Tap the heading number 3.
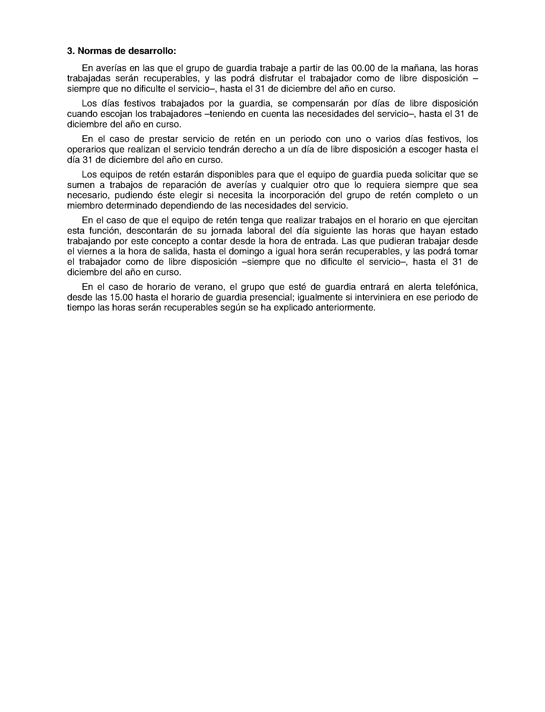[x=69, y=51]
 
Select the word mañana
[x=417, y=68]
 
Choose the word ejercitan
[x=460, y=221]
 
